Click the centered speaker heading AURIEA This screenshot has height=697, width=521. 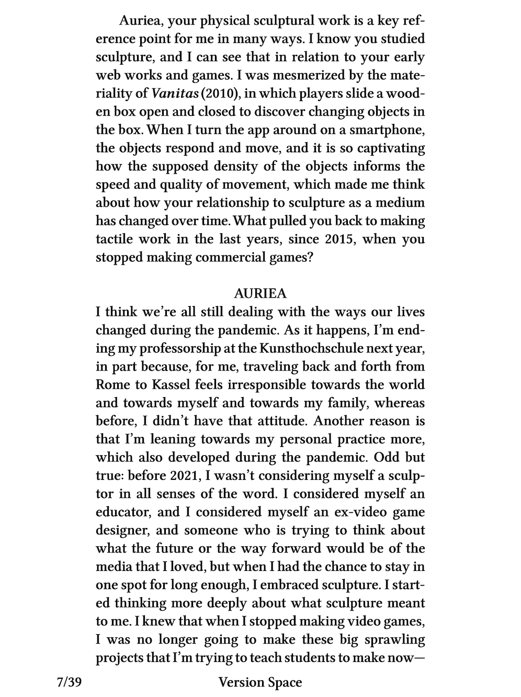[x=260, y=294]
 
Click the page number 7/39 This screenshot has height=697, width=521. [x=70, y=682]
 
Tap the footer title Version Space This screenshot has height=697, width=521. [x=260, y=682]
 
